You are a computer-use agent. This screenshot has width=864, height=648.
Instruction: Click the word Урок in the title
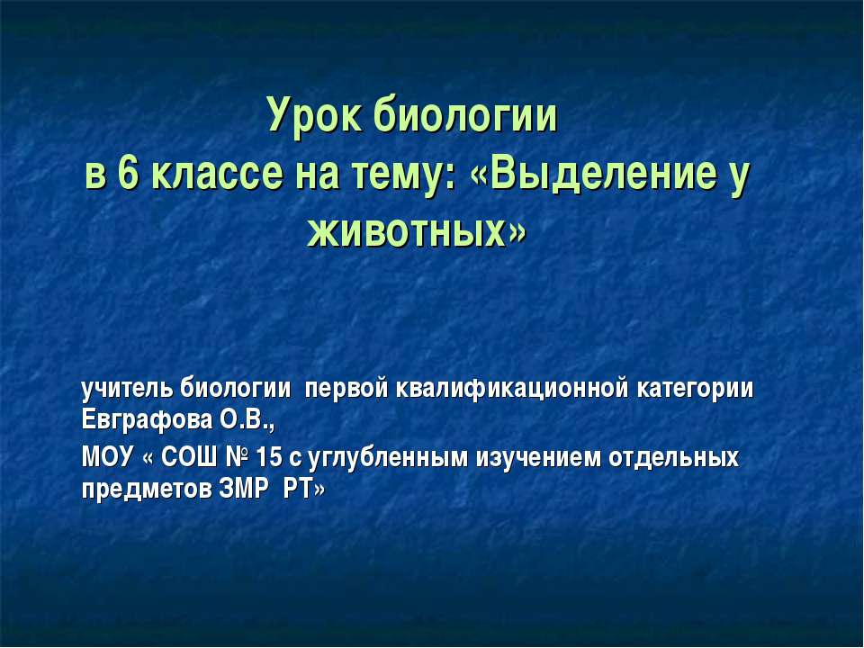(x=315, y=117)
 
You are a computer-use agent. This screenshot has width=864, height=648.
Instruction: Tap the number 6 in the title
(x=128, y=173)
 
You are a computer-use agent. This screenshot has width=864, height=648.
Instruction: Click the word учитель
(x=129, y=390)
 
